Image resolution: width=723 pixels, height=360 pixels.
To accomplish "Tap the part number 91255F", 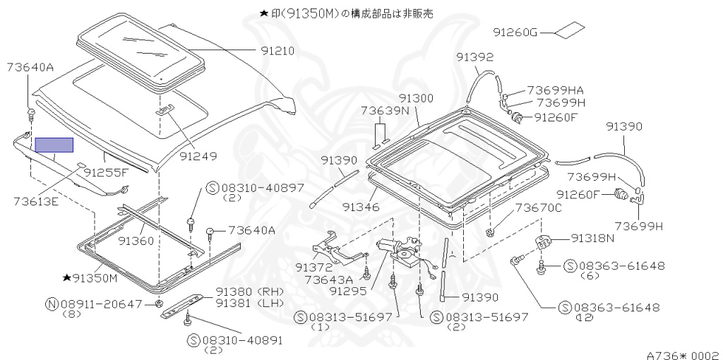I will pos(107,172).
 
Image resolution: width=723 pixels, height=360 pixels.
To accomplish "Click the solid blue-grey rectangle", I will pos(54,145).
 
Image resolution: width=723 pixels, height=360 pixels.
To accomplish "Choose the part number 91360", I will pos(136,241).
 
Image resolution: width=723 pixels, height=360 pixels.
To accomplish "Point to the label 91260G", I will pos(515,32).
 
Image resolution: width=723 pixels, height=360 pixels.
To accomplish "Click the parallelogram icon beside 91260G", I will pos(569,30).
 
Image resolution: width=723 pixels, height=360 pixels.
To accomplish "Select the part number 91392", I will pos(474,57).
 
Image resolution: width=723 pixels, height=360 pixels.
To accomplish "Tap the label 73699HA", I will pos(556,90).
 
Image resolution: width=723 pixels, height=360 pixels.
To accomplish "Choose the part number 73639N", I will pos(385,111).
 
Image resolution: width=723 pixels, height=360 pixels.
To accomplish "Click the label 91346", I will pos(361,207).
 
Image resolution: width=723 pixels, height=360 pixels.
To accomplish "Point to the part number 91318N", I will pos(593,239).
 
